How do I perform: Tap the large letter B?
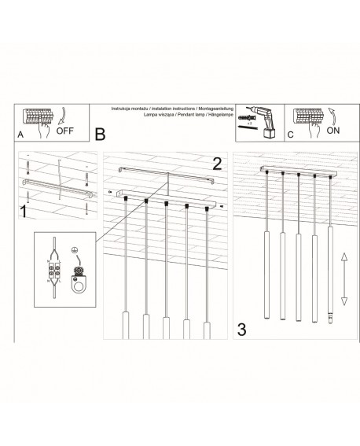coord(100,135)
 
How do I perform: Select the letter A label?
coord(20,135)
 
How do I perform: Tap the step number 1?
coord(24,212)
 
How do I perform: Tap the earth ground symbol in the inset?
coord(75,253)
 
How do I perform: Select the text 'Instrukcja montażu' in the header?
coord(129,107)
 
